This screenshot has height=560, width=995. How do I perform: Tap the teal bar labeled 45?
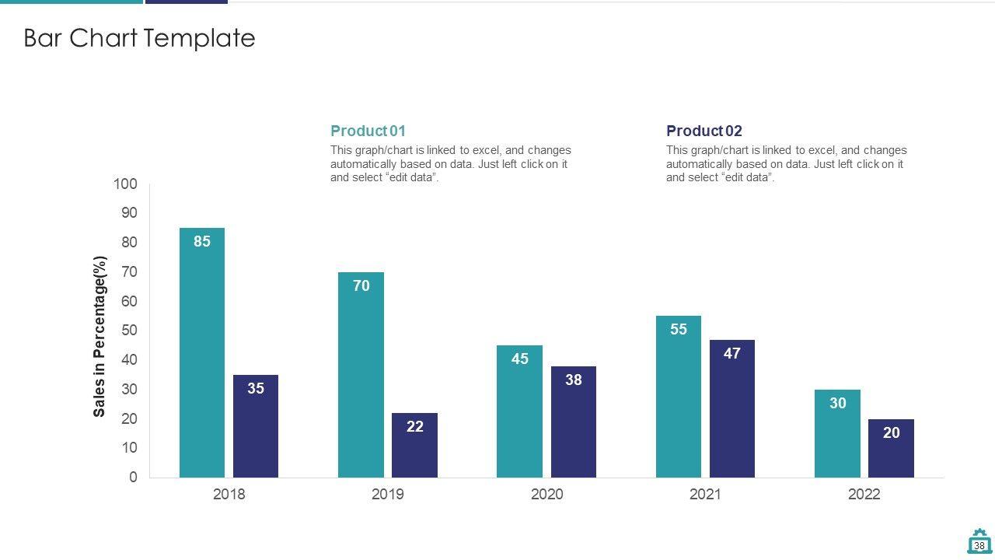click(x=519, y=411)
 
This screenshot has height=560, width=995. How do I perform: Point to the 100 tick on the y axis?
click(x=125, y=184)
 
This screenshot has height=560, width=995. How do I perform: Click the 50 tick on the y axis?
click(x=129, y=331)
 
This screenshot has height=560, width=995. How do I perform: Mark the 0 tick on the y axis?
click(x=133, y=478)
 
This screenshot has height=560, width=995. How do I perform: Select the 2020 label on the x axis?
click(x=546, y=495)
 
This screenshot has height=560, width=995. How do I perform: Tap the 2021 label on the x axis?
click(x=705, y=495)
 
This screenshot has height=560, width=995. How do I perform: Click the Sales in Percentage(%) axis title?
click(x=99, y=336)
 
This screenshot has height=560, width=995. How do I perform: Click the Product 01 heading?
click(x=368, y=131)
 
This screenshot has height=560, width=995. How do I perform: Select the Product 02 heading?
click(x=704, y=131)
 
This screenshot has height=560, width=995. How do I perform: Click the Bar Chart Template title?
click(x=139, y=38)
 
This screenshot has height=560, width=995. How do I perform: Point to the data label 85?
click(x=202, y=242)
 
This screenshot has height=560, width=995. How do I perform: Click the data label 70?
click(x=361, y=286)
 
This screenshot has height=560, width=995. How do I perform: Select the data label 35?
click(x=256, y=389)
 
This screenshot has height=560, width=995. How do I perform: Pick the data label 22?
click(x=415, y=426)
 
